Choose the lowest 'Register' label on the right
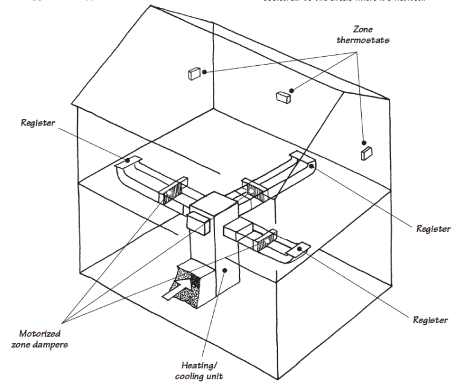click(x=430, y=319)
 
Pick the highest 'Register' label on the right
click(x=433, y=229)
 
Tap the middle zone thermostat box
click(x=283, y=95)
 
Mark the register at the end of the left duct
click(x=129, y=161)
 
